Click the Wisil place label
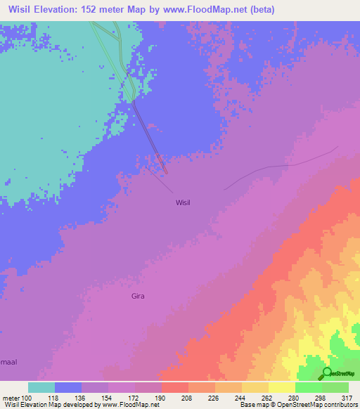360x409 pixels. point(183,202)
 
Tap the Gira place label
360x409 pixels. point(138,296)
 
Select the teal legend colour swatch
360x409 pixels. point(41,387)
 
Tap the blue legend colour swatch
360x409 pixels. point(68,387)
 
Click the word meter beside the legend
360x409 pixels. point(11,397)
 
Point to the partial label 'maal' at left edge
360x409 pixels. point(8,362)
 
